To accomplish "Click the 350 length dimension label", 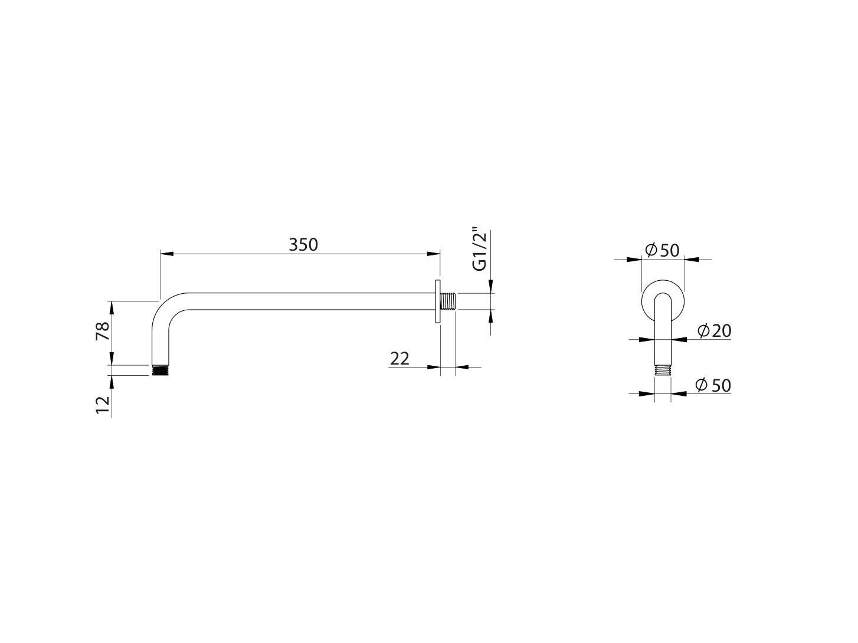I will click(x=303, y=244).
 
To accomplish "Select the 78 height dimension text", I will click(x=102, y=331).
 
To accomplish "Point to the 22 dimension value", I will click(x=399, y=357).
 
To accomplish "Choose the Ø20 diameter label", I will click(x=713, y=331).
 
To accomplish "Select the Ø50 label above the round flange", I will click(x=662, y=250).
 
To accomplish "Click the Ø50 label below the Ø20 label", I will click(x=713, y=385).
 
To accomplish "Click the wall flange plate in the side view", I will click(x=438, y=301).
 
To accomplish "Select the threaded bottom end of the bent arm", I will click(x=158, y=370).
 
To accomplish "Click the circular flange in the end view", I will click(x=662, y=289).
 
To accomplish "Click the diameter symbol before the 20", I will click(x=703, y=331).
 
